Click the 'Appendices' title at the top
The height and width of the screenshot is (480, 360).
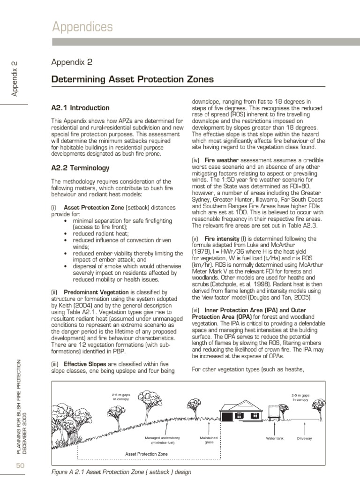(82, 27)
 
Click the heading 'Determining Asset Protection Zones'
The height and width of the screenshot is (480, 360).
(132, 79)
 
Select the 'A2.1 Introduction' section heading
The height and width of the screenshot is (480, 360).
(80, 108)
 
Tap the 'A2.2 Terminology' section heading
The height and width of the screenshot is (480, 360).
(80, 167)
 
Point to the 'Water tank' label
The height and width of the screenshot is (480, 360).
(275, 438)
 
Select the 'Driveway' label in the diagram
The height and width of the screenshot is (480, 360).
(305, 438)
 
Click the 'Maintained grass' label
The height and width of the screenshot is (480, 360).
(209, 440)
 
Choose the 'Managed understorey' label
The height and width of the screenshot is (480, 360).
(163, 440)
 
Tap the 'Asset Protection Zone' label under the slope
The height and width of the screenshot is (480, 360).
(147, 454)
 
